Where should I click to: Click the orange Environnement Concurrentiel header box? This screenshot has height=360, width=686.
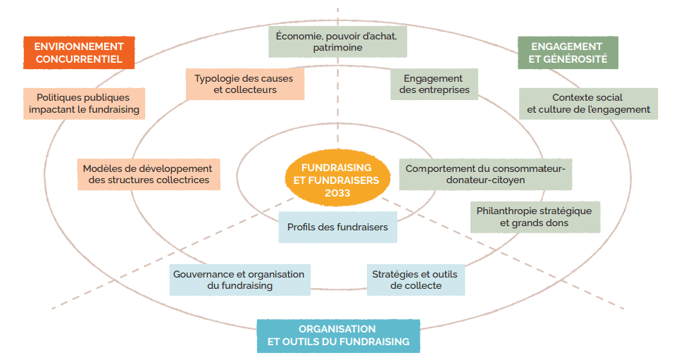(78, 53)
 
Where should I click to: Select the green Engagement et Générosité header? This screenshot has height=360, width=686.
(568, 53)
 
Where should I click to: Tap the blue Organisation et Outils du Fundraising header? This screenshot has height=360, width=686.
(338, 335)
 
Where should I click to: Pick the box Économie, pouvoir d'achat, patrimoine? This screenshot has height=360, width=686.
(337, 42)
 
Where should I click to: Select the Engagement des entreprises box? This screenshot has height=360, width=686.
(434, 84)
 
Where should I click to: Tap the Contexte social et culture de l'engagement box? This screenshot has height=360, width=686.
(588, 104)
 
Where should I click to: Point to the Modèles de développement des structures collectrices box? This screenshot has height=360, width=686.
(147, 174)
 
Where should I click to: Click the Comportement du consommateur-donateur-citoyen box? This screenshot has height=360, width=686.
(485, 174)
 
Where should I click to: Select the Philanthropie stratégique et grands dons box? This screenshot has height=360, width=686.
(534, 217)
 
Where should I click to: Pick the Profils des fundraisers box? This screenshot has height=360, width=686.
(337, 228)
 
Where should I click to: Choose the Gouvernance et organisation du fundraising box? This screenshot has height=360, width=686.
(240, 280)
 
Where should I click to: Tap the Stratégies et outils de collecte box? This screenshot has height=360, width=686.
(416, 280)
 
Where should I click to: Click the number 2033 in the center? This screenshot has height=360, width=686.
(336, 192)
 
